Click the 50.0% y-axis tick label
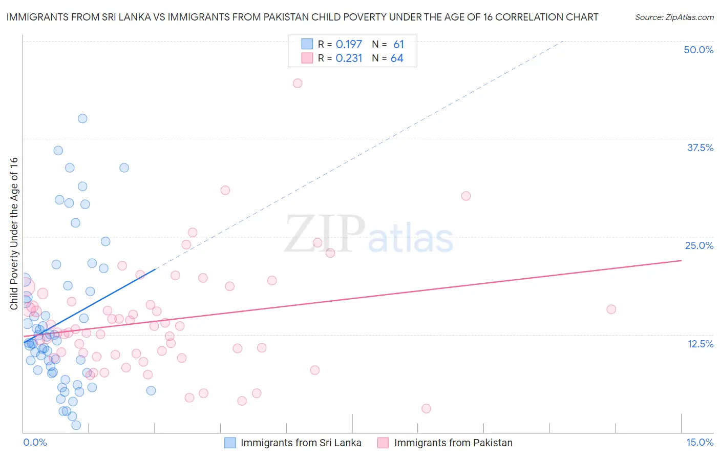coord(698,50)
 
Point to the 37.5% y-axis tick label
coord(700,148)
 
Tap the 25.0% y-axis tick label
coord(699,245)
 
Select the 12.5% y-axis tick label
coord(700,343)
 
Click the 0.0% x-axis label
coord(35,442)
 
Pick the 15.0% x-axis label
coord(700,442)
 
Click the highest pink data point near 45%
coord(298,83)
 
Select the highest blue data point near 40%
coord(82,118)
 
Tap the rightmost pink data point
coord(611,309)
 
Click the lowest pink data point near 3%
coord(426,408)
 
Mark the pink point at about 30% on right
coord(465,196)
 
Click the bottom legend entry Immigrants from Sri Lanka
coord(301,443)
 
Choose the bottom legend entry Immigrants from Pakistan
coord(453,443)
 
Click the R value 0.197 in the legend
coord(349,45)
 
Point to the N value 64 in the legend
coord(397,58)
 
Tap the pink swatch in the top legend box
coord(307,58)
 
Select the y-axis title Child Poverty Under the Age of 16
coord(14,233)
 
